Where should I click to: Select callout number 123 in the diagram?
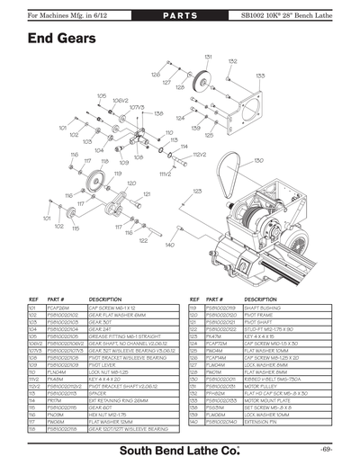(197, 191)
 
